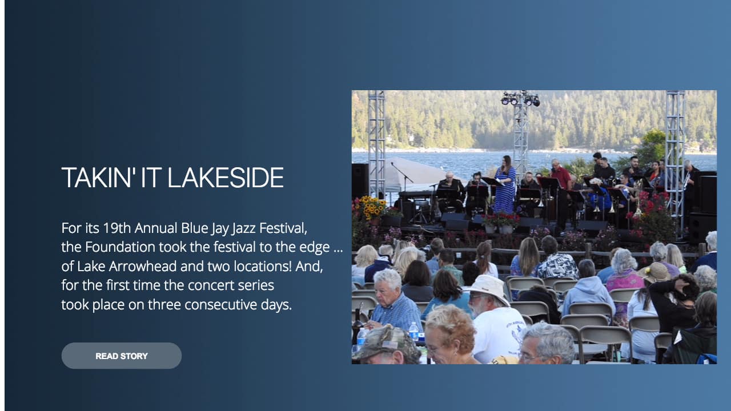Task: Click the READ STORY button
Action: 122,356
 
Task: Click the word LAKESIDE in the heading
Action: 226,178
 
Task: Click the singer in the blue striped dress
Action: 505,186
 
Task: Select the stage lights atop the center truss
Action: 520,99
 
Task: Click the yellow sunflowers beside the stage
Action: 371,207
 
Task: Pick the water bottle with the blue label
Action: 413,332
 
